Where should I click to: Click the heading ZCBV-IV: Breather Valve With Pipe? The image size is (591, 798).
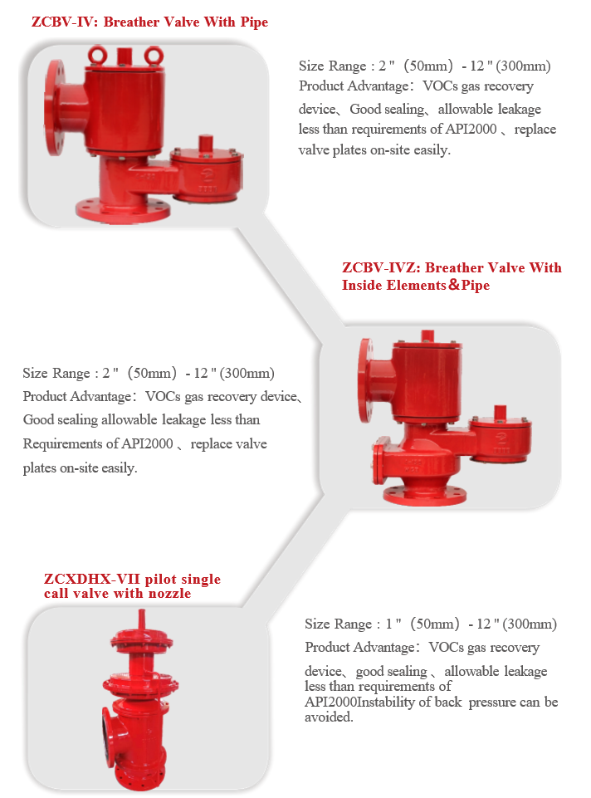pos(149,22)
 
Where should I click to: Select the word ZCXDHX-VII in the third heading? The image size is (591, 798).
pos(91,579)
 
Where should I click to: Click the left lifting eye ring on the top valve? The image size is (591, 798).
pos(97,55)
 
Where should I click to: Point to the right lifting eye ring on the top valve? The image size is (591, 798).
pos(153,55)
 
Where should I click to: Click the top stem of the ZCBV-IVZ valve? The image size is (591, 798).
pos(427,336)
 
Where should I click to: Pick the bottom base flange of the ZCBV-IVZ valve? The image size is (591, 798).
pos(425,495)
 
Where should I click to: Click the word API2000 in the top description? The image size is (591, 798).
pos(471,130)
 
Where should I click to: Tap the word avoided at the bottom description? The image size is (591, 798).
pos(328,717)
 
